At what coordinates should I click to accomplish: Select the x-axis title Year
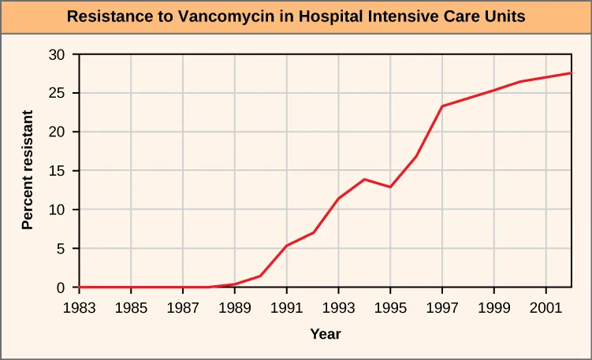(325, 334)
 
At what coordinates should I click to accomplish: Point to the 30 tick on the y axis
(57, 54)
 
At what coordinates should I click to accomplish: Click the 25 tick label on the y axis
(57, 93)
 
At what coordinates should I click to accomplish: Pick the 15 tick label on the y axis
(57, 171)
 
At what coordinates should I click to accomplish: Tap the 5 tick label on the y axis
(61, 249)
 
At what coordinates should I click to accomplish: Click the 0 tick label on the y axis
(61, 288)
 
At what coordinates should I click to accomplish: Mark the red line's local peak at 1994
(364, 180)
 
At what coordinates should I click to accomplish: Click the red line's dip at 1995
(390, 187)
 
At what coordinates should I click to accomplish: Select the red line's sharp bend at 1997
(442, 106)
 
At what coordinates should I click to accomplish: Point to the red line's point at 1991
(286, 246)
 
